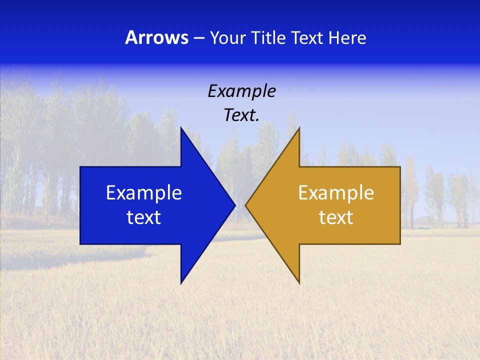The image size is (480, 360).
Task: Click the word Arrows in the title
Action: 157,37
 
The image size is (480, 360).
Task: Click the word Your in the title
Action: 227,37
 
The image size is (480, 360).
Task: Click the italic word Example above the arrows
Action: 241,91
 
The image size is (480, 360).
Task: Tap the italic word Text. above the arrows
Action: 241,115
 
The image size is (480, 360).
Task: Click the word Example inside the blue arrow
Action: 144,193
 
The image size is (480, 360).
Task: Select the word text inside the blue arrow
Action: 144,217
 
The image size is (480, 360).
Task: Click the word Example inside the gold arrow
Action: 336,193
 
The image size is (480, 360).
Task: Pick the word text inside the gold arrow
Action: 336,217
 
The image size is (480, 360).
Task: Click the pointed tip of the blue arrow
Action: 234,205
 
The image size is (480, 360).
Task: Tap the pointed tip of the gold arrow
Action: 246,205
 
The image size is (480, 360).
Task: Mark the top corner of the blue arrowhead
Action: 181,128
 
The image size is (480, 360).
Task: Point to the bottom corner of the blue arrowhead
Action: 181,283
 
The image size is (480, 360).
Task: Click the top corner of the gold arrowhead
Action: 299,128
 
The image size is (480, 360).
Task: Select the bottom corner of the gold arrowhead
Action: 299,283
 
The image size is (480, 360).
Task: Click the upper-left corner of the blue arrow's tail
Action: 80,167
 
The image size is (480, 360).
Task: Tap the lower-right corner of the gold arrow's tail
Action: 400,243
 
